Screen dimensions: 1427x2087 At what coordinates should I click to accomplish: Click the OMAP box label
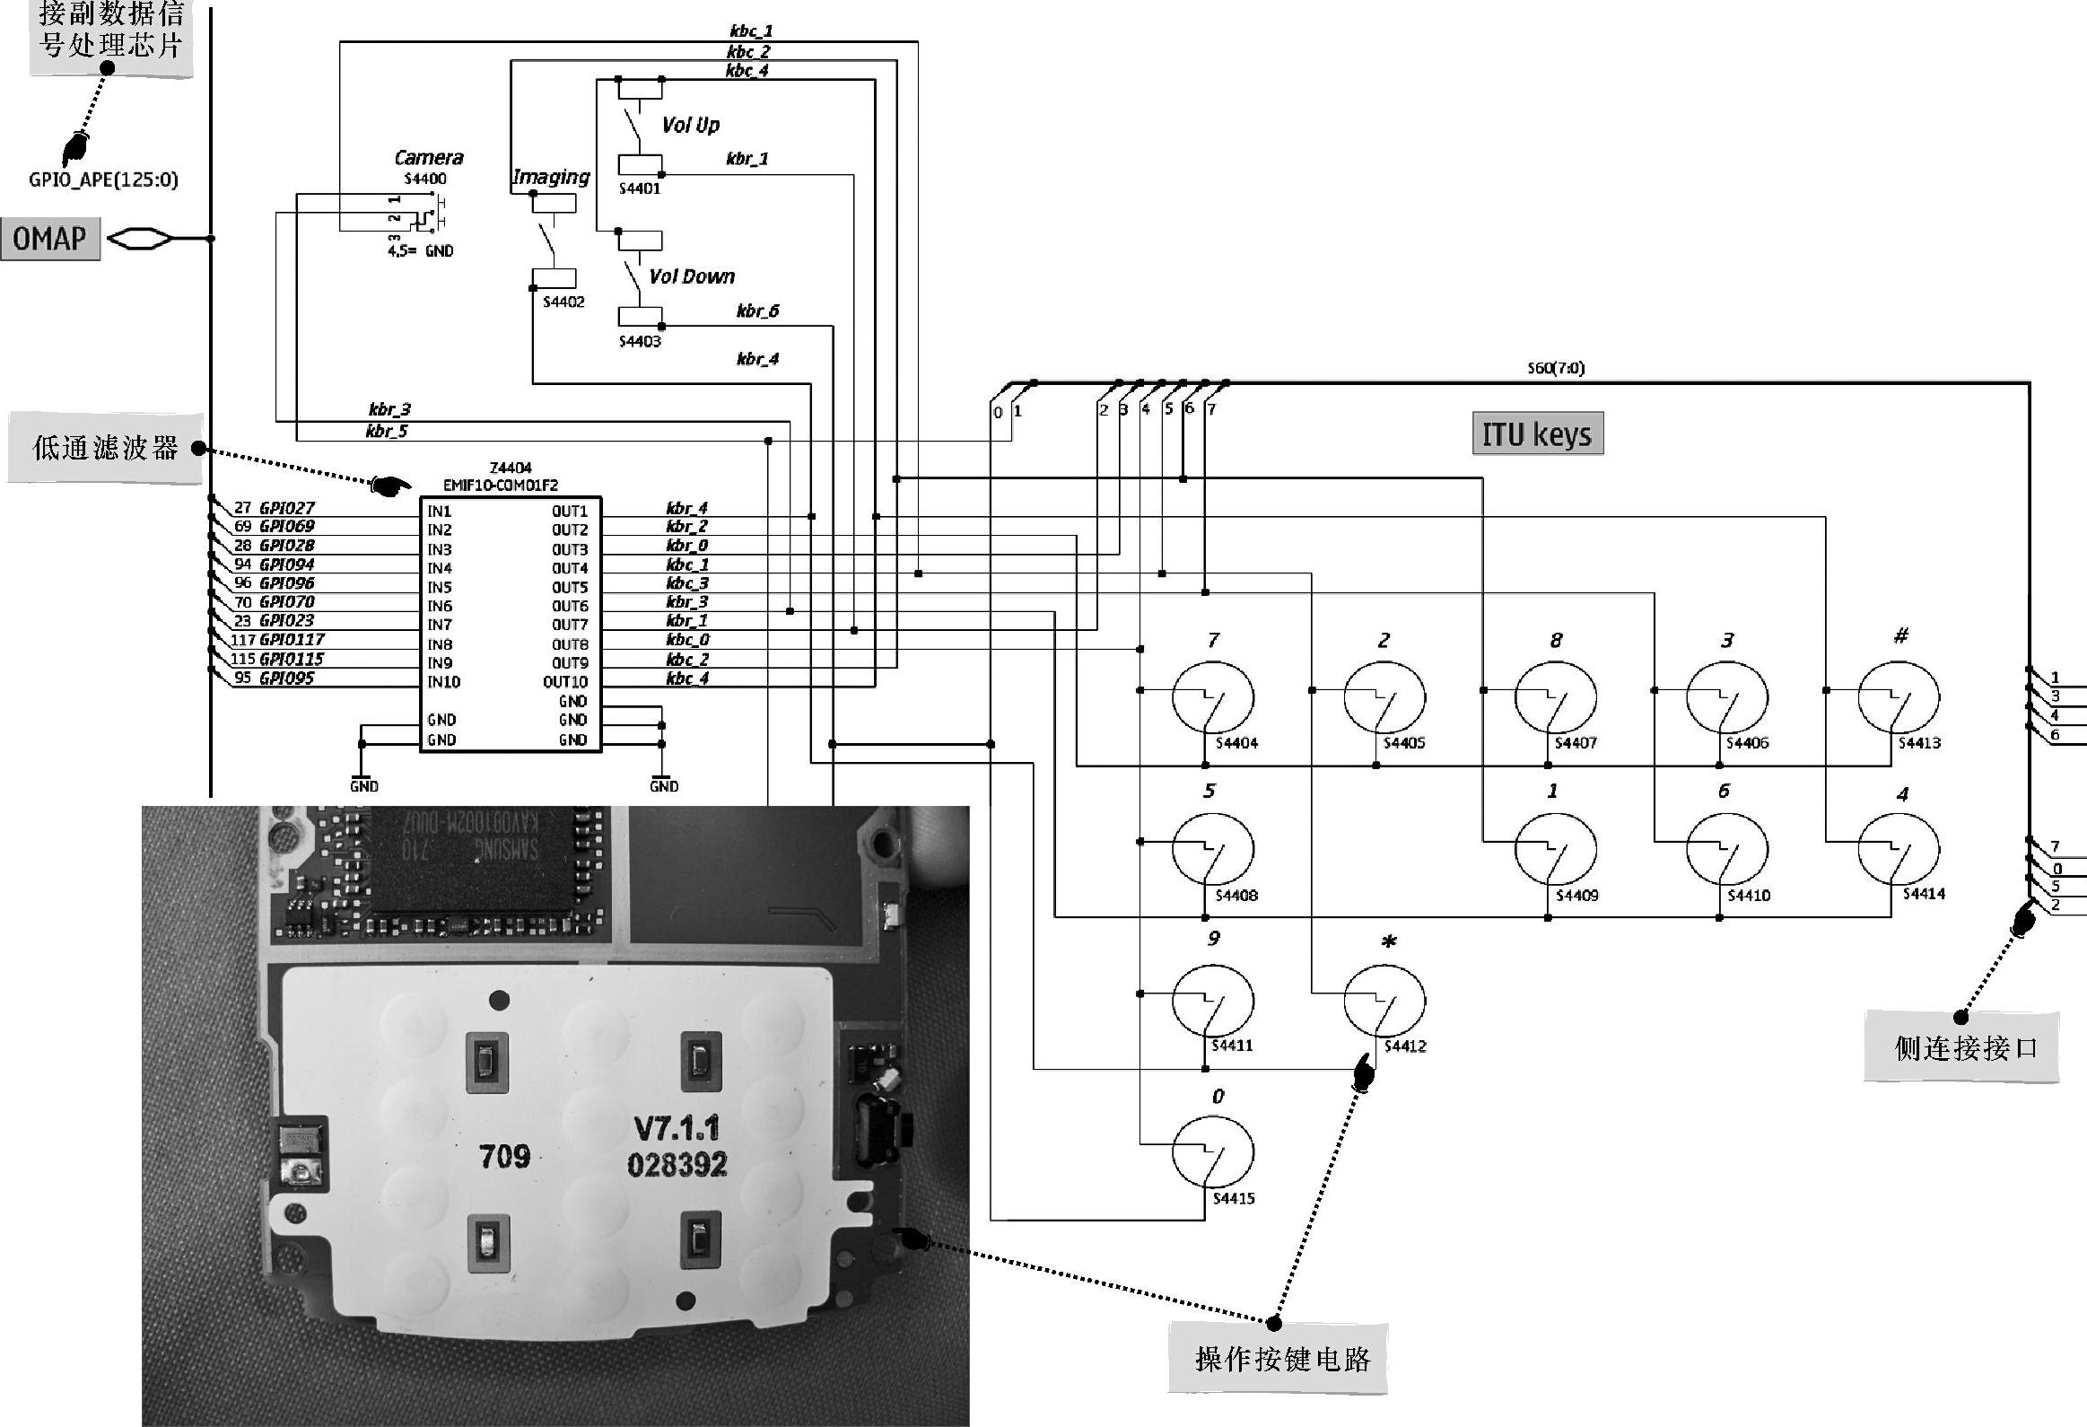pos(50,239)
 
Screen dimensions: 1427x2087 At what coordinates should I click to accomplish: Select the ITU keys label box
pos(1536,434)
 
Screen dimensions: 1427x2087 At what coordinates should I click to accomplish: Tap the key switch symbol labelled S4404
pos(1212,697)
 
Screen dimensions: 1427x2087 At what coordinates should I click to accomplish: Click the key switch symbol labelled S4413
pos(1898,697)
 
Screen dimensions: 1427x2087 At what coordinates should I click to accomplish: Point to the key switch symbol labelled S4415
pos(1212,1152)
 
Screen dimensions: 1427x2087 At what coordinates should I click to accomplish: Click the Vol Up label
pos(691,126)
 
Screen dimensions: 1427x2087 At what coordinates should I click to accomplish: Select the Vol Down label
pos(692,276)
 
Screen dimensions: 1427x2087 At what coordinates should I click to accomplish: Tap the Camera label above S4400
pos(429,158)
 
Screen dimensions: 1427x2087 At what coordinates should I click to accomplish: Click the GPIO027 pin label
pos(286,508)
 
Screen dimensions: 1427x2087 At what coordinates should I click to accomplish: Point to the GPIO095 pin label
pos(286,678)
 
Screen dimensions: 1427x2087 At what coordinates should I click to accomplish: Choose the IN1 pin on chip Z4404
pos(439,511)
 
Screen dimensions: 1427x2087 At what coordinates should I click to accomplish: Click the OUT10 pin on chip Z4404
pos(565,682)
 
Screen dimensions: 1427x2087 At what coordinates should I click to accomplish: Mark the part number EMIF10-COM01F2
pos(500,485)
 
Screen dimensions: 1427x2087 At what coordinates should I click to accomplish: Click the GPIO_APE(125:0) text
pos(103,179)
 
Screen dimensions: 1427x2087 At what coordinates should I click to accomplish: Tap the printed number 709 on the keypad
pos(504,1157)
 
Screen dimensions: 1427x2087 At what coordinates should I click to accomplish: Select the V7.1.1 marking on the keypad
pos(677,1129)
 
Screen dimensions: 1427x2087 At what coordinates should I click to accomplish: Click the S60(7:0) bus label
pos(1555,368)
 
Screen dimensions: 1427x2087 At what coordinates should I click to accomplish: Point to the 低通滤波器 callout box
pos(105,448)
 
